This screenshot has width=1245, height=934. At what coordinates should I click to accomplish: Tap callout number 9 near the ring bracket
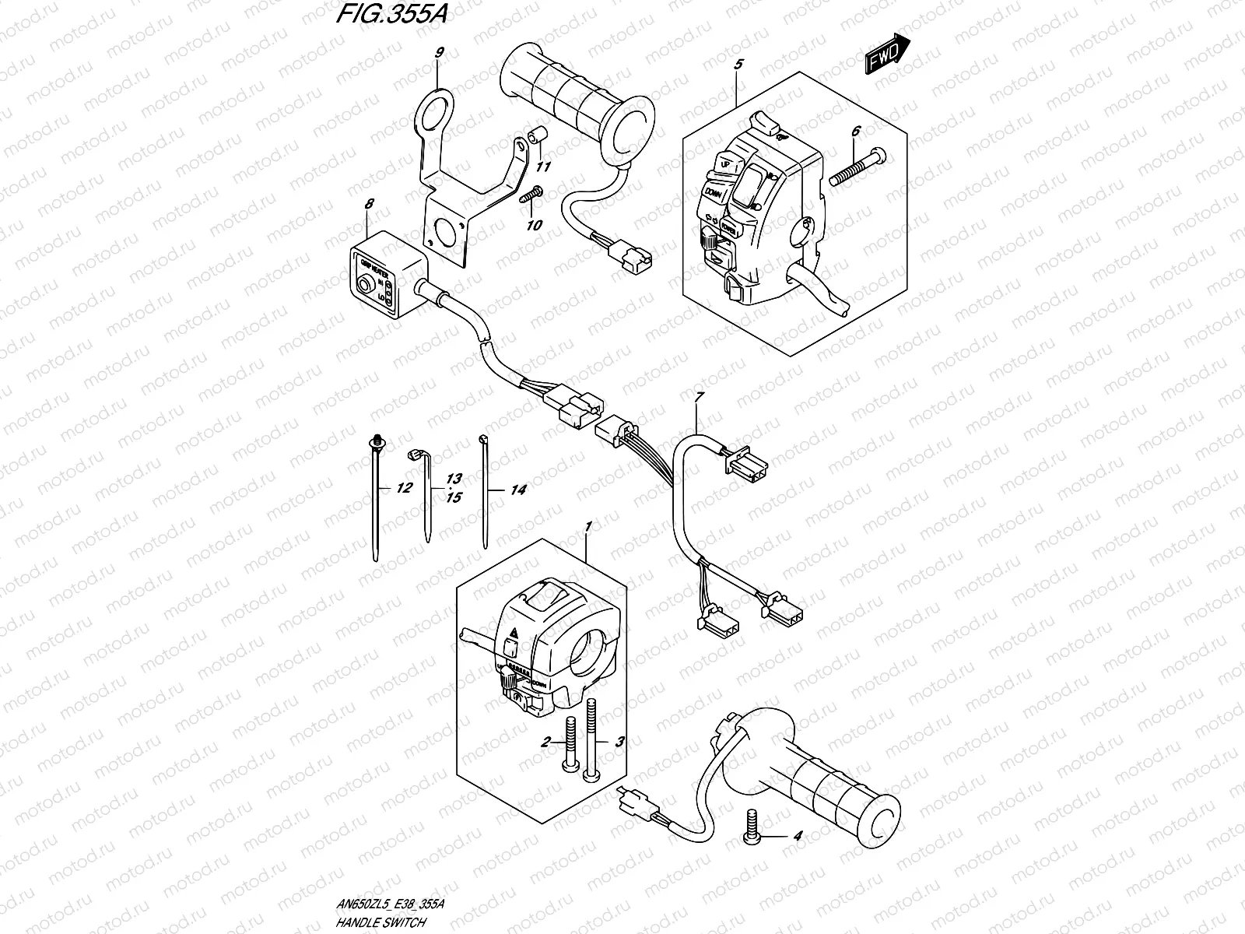[x=439, y=53]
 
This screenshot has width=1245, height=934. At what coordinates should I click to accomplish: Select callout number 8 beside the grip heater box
[x=370, y=204]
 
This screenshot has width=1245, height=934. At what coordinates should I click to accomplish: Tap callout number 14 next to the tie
[x=518, y=490]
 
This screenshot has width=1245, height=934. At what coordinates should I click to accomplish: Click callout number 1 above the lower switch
[x=587, y=528]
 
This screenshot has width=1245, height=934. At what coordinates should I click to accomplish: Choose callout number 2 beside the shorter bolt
[x=546, y=743]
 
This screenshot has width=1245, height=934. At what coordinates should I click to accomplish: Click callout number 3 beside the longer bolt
[x=619, y=743]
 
